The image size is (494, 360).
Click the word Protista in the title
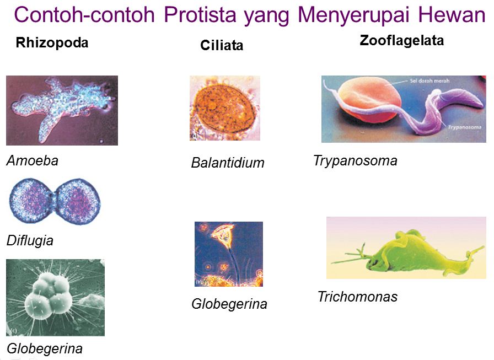pos(200,14)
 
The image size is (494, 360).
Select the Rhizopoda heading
pos(52,42)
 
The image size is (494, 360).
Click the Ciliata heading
pos(222,45)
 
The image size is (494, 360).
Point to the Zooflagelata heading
pos(402,41)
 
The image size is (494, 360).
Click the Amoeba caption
pos(33,160)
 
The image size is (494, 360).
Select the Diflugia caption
pos(30,241)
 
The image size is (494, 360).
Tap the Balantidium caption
pos(228,163)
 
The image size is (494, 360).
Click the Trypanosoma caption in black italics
pos(356,161)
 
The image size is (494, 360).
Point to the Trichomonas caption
pos(358,297)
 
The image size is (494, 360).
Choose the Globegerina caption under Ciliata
pos(229,304)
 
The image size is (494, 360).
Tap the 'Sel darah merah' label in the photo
pos(429,81)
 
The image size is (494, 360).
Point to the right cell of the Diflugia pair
pos(78,201)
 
